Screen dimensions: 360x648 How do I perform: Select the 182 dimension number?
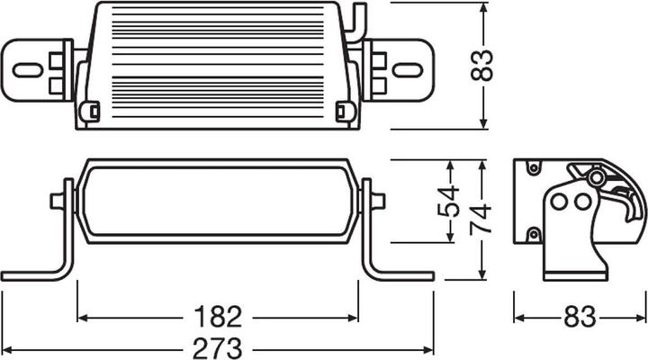pos(218,318)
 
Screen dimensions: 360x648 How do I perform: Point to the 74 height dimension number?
pos(484,216)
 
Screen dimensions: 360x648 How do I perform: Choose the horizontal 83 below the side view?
pos(579,318)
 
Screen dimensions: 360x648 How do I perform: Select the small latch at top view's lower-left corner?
pos(89,112)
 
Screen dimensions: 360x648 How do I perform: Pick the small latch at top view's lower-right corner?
pos(342,112)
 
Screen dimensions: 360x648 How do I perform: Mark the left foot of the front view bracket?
pos(27,274)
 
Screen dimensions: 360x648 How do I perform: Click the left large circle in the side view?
pos(560,202)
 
